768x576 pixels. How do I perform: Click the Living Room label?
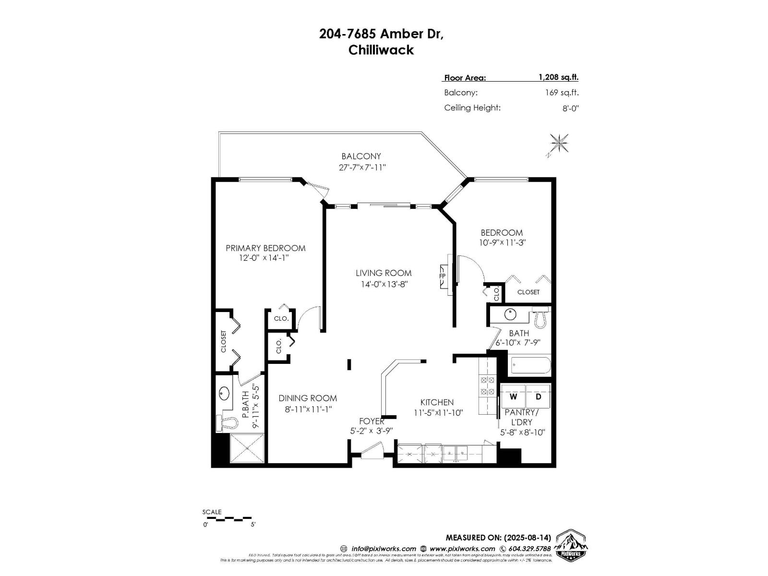click(383, 273)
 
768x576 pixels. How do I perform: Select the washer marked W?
click(514, 396)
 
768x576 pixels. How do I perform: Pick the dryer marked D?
click(538, 396)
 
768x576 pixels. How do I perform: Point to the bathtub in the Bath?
click(530, 365)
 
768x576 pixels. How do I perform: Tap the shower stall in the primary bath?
click(247, 448)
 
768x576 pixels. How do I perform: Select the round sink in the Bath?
click(510, 315)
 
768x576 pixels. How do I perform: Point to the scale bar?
click(228, 518)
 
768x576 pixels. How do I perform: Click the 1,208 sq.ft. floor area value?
click(558, 77)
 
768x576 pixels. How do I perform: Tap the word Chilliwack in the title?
click(381, 50)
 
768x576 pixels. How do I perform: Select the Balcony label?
click(361, 156)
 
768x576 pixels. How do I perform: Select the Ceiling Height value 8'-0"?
click(570, 108)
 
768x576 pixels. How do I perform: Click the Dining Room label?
click(308, 398)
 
